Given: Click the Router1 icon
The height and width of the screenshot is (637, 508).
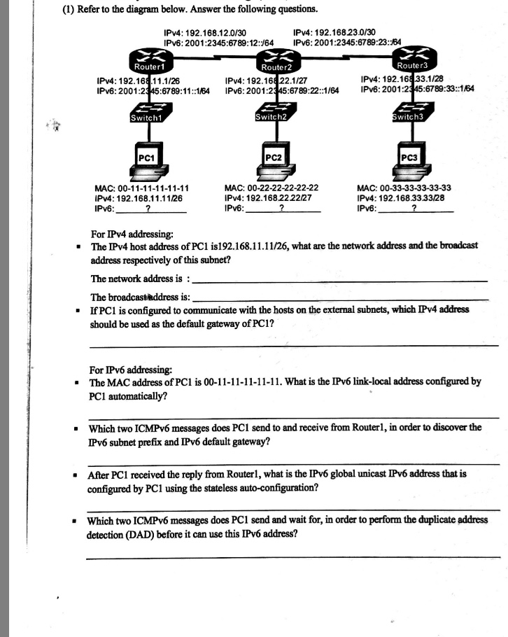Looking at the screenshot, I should click(149, 62).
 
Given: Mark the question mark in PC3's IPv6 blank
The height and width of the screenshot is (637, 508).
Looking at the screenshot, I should click(414, 207).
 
